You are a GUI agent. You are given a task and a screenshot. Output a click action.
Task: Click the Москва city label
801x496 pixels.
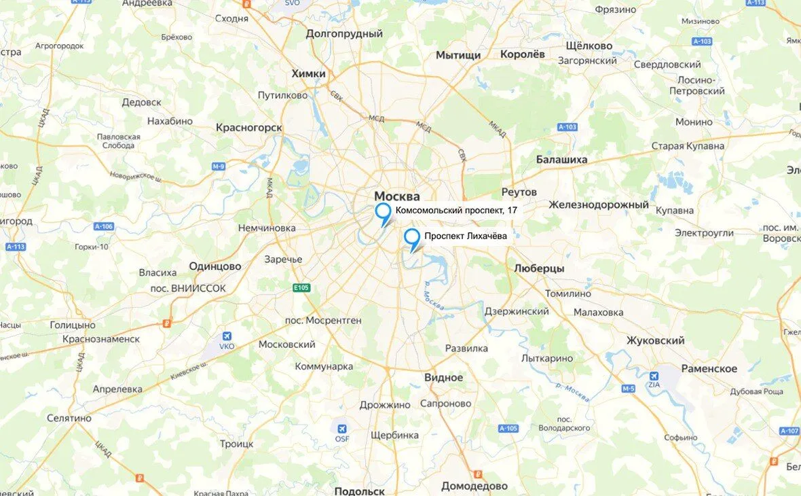397,196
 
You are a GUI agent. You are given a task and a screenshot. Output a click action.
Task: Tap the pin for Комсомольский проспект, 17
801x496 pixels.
384,211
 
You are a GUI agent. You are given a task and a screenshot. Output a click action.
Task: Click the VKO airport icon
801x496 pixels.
227,337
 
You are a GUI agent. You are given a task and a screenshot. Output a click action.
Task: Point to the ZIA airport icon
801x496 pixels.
654,376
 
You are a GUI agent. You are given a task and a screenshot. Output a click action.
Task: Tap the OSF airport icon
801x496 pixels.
342,429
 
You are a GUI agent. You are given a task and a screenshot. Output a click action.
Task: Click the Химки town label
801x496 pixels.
308,73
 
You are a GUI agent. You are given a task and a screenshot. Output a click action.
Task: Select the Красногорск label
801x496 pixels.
248,127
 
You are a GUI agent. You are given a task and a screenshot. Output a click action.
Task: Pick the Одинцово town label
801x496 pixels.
215,266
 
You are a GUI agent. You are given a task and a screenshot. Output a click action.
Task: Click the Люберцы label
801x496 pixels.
539,268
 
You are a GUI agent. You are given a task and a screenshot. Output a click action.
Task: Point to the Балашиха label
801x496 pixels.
561,160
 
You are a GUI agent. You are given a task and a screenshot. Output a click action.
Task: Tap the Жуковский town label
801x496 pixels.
655,340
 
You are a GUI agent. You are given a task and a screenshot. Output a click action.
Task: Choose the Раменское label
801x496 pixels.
710,368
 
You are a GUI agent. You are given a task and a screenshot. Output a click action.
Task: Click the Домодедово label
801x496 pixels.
474,486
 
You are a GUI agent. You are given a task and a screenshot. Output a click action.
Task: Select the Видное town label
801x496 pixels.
443,377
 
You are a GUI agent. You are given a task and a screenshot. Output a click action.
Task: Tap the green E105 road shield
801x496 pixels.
301,288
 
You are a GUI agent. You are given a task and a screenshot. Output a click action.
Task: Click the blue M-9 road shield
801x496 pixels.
219,166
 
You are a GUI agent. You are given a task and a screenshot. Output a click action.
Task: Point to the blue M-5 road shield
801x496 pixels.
628,389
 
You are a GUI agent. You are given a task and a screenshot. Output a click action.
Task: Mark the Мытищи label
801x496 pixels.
458,55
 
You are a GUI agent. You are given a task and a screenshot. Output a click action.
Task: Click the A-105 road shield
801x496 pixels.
508,429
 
